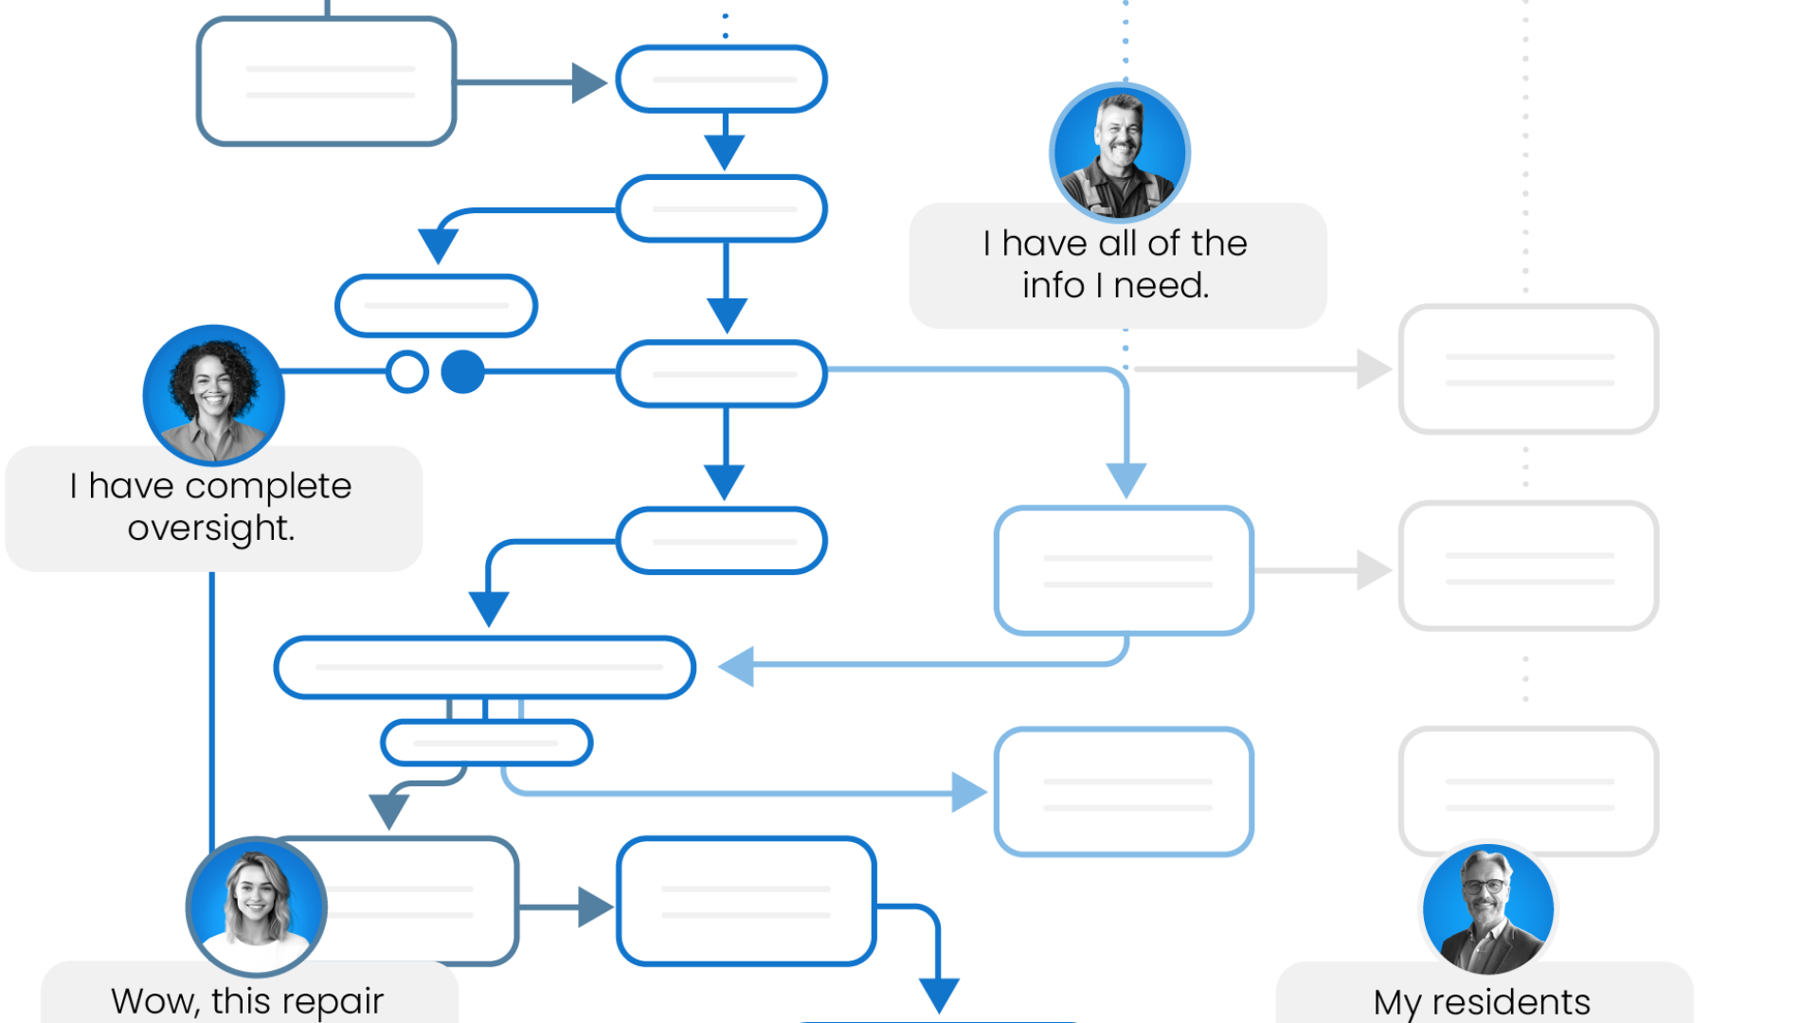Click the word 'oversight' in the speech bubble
point(210,529)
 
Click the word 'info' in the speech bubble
point(1053,285)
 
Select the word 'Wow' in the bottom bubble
point(152,1000)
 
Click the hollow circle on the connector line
point(407,371)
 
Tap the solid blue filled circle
point(462,371)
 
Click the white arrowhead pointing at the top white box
point(1373,369)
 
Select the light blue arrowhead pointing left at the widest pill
point(736,666)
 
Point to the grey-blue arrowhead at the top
point(587,82)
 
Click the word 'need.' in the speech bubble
point(1162,285)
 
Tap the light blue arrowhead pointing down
point(1126,479)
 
